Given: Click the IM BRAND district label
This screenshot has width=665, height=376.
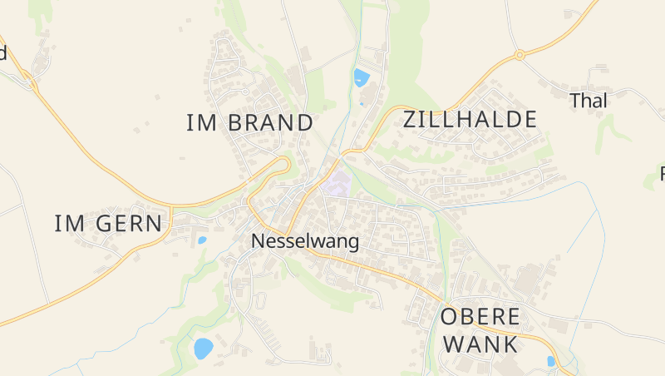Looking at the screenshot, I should tap(249, 123).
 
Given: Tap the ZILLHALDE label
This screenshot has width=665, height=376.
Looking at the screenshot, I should tap(470, 120).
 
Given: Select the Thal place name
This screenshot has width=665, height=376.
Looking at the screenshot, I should tap(589, 101).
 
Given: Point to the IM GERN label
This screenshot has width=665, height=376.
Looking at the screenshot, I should tap(108, 223).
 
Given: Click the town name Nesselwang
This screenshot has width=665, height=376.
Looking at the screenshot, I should tap(305, 242).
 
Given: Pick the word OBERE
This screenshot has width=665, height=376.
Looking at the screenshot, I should tap(480, 317).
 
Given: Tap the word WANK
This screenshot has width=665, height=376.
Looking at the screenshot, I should tap(480, 344).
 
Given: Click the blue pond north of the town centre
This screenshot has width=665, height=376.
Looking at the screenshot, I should tap(361, 78).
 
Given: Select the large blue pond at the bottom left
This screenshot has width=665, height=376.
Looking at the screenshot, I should tap(203, 348).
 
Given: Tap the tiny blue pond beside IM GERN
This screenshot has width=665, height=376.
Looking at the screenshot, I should tap(202, 240).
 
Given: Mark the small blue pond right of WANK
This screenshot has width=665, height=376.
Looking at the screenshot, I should tap(550, 361).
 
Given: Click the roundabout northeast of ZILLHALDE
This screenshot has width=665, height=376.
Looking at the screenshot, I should tap(520, 55).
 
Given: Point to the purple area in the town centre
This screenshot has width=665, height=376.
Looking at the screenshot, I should tap(337, 184).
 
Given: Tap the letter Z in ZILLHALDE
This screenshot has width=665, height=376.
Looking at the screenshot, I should tap(410, 120).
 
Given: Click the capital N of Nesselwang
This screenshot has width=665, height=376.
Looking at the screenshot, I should tap(258, 242).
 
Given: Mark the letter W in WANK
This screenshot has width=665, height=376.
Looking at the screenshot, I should tap(454, 344).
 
